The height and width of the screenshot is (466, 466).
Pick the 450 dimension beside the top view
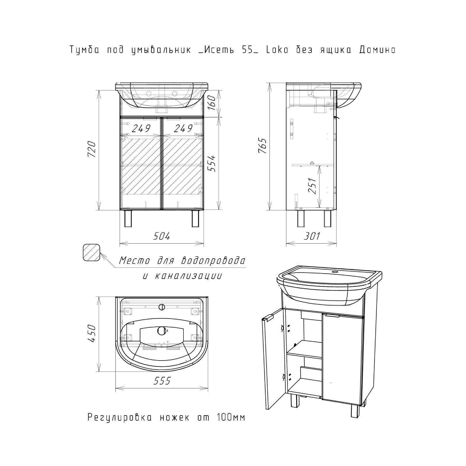[91, 333]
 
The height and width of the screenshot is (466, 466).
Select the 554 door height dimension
[213, 163]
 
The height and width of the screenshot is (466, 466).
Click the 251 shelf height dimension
[312, 186]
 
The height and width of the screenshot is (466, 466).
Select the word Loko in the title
[277, 50]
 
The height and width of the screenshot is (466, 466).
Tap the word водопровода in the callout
[213, 260]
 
